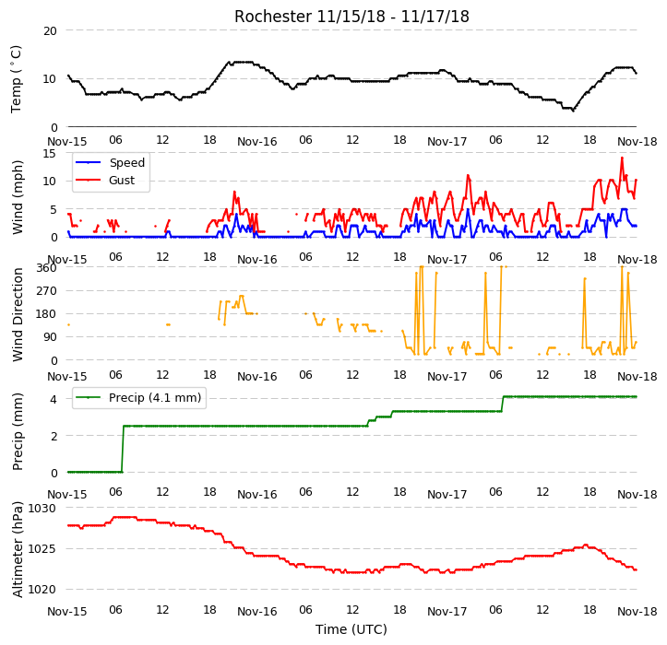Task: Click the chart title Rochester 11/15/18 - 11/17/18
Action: (351, 17)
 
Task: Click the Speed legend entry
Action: (110, 162)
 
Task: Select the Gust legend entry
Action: (105, 181)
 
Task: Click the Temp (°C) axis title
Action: (17, 79)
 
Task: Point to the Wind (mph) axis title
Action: (17, 197)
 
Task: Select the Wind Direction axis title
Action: (17, 315)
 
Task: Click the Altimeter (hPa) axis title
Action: (17, 549)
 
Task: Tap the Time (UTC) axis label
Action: (351, 629)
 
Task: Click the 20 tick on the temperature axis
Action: (50, 31)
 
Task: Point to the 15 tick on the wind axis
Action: (50, 153)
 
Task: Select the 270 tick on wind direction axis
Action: (47, 291)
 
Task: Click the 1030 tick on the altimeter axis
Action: (42, 509)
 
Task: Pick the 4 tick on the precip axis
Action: (54, 399)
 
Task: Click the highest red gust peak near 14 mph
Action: (622, 158)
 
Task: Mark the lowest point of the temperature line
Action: (573, 111)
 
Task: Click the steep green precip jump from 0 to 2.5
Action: (123, 449)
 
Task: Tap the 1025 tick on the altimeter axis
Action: (42, 549)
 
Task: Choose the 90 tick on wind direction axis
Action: (50, 337)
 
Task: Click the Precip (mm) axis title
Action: (17, 432)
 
